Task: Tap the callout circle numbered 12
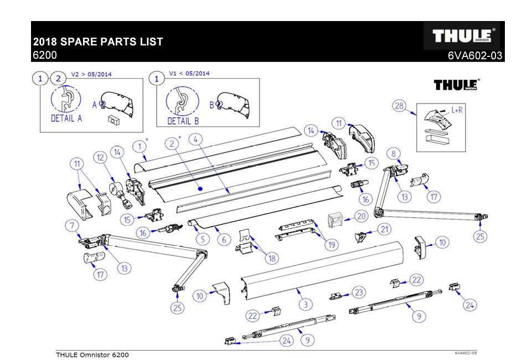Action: pos(101,158)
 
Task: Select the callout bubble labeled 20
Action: pos(360,215)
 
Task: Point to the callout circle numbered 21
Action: pos(384,229)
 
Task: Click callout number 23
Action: pos(360,292)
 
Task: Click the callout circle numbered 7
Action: pos(71,225)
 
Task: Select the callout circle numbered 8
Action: pos(393,153)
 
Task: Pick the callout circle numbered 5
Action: pos(203,239)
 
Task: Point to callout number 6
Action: pos(224,239)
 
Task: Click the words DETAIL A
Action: pos(66,119)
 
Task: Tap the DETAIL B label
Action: pos(183,121)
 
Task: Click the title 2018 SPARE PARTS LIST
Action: pos(98,42)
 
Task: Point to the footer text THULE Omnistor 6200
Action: pos(92,354)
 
